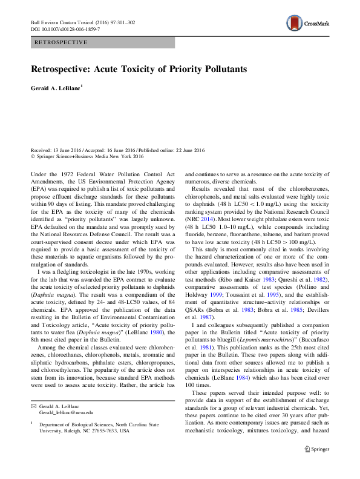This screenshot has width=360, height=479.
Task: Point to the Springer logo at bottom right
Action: click(x=316, y=449)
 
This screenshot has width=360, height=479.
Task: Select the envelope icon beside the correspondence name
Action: click(x=33, y=404)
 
